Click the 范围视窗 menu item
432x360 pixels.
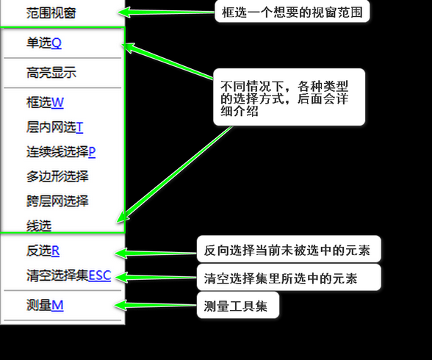point(51,12)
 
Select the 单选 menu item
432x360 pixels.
point(44,43)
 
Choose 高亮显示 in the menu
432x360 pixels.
point(51,73)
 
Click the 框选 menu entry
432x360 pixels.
point(45,102)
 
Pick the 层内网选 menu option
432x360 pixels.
point(54,127)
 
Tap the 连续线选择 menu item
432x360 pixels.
point(61,152)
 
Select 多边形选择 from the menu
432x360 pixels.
point(57,176)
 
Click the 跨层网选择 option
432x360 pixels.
point(57,201)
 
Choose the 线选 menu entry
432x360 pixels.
point(39,226)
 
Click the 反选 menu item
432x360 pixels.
point(43,251)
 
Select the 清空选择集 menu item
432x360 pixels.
point(68,276)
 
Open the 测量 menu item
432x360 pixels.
point(45,305)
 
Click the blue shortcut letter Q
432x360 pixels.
point(57,43)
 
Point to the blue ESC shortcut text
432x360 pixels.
point(100,276)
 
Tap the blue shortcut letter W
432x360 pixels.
point(57,103)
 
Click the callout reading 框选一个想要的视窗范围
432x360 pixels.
point(292,12)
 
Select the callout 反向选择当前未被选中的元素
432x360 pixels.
point(289,249)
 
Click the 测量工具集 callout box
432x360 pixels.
point(238,305)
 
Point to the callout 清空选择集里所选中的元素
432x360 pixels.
point(289,277)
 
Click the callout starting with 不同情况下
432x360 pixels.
point(289,97)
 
